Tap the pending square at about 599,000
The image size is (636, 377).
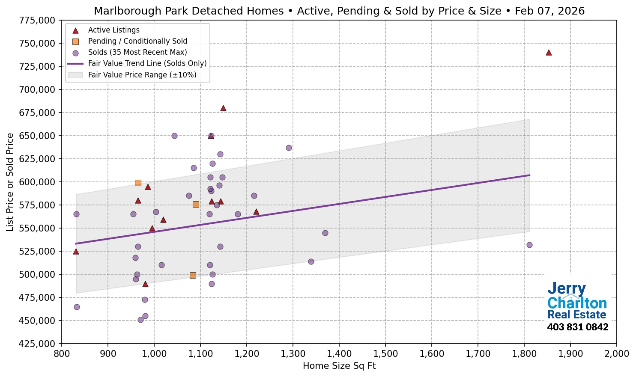point(138,183)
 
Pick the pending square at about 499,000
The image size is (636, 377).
point(193,275)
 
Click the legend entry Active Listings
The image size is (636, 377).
point(113,30)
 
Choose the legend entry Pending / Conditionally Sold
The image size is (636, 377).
point(137,41)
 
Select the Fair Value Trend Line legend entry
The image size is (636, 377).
point(147,63)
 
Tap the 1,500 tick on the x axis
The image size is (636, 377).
point(385,354)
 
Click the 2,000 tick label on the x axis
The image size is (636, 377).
point(616,354)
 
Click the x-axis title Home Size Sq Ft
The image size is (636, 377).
point(339,366)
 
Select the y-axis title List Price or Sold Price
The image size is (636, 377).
point(10,182)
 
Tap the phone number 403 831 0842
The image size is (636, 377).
point(577,327)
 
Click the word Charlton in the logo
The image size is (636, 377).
point(577,303)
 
